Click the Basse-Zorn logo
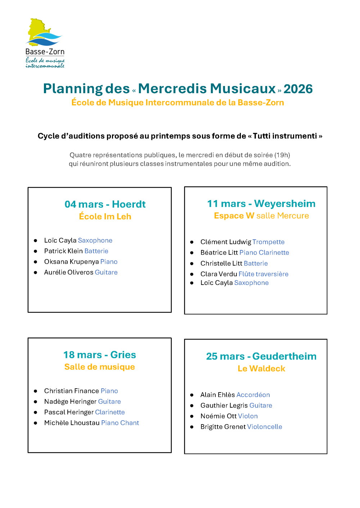(x=45, y=43)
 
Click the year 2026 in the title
(x=298, y=89)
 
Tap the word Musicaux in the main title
(x=243, y=89)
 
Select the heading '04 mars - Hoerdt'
(x=105, y=204)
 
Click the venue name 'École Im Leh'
(x=105, y=217)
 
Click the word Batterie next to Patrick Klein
(x=96, y=251)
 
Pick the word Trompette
(x=268, y=242)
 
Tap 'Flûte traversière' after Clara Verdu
(x=263, y=274)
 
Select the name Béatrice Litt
(x=219, y=253)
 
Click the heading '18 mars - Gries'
(x=100, y=355)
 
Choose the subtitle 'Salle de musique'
(x=100, y=367)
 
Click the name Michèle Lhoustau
(x=72, y=423)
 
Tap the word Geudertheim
(x=284, y=356)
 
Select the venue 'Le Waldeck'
(x=261, y=368)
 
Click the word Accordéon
(x=253, y=395)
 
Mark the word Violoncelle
(x=265, y=427)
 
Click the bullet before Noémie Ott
(x=192, y=416)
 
